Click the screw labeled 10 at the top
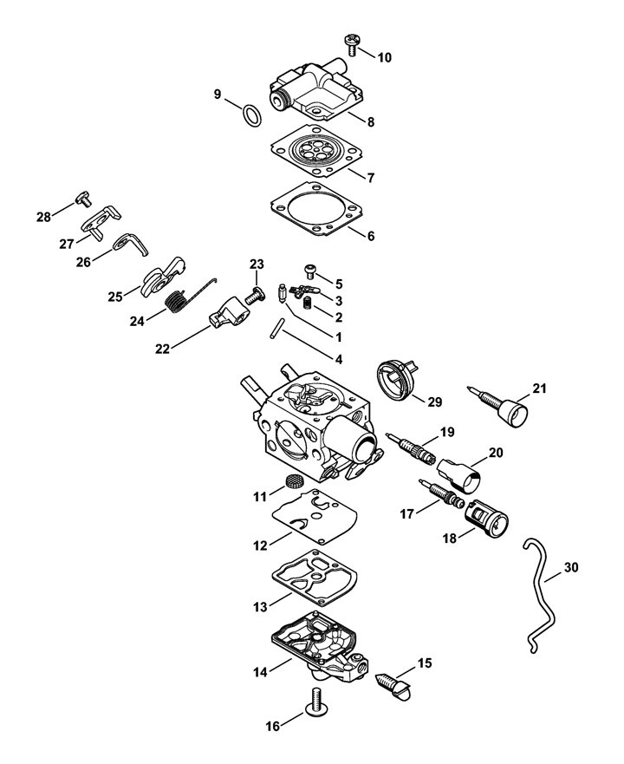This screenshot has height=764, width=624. point(351,44)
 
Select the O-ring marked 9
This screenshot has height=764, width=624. point(251,115)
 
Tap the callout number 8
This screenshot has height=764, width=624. point(371,121)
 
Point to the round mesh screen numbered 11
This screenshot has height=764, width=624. point(292,481)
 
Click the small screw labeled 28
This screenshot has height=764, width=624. point(84,199)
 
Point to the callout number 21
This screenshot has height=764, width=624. point(539,389)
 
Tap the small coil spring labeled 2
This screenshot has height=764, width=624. point(308,303)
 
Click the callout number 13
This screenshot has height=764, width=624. point(261,607)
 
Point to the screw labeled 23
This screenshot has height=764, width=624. point(256,295)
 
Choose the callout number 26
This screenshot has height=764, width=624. point(83,262)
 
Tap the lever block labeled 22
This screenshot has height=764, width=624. point(230,312)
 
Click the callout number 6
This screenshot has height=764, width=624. point(371,236)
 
